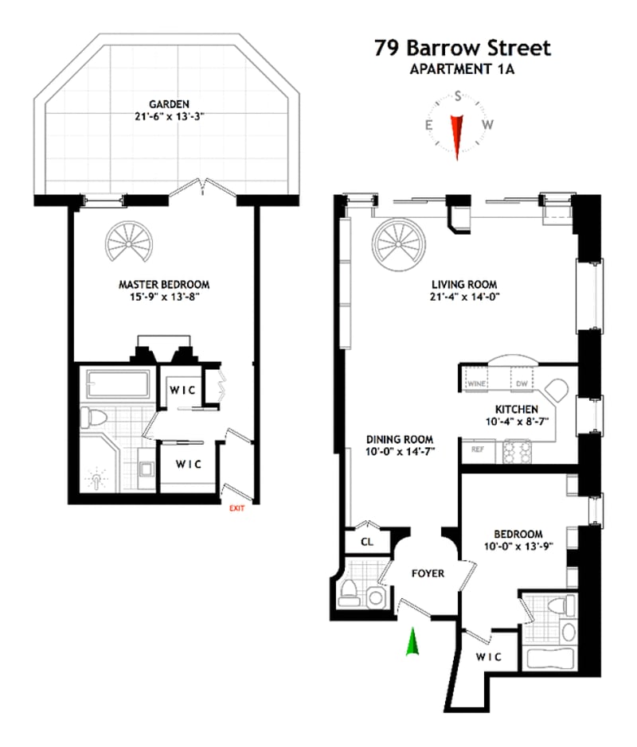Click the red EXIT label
pos(237,508)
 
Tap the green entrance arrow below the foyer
pos(413,642)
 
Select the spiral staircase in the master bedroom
pos(129,242)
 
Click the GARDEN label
pos(170,104)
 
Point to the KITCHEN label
pos(517,409)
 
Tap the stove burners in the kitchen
pos(518,452)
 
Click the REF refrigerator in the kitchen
pos(477,449)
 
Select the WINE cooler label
pos(477,383)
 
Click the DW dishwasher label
pos(522,383)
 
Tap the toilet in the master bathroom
pos(93,418)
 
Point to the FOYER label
pos(428,574)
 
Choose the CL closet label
pos(367,542)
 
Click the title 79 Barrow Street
pos(463,48)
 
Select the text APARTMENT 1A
pos(462,69)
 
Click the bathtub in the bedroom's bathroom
pos(550,659)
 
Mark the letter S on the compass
pos(458,96)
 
